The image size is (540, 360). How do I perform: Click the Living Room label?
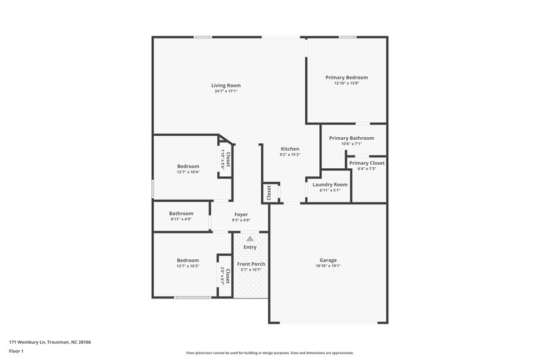225,86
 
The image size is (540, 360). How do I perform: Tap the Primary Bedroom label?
346,78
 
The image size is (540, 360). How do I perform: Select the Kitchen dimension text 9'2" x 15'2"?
290,155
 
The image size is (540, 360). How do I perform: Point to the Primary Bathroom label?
351,138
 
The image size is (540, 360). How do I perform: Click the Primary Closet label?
367,163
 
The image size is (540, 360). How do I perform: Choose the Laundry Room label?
330,184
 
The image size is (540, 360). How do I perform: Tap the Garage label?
328,260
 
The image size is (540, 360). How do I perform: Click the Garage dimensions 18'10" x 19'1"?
328,266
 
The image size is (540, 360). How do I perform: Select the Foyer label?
241,214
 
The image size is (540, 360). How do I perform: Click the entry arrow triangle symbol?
250,238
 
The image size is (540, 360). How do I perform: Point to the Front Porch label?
250,263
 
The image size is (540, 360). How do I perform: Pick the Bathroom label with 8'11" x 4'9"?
181,213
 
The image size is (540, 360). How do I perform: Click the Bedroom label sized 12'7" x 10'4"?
188,166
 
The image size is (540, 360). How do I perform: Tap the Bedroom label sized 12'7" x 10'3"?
188,260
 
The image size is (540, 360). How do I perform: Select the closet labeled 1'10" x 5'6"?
225,159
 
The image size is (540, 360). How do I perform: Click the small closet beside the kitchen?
269,193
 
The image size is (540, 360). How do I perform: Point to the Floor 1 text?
17,352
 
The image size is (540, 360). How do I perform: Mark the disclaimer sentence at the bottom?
269,353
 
